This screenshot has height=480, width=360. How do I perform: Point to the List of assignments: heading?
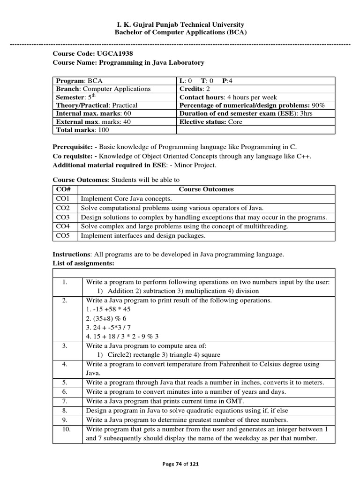[x=83, y=263]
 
